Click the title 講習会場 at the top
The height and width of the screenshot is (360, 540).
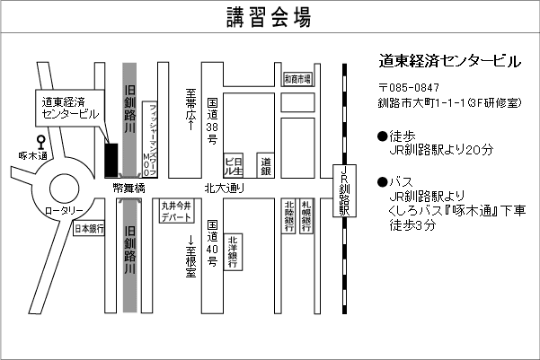click(x=270, y=17)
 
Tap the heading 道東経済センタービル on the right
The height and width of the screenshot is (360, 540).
click(x=449, y=62)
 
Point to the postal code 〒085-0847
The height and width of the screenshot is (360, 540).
click(x=409, y=87)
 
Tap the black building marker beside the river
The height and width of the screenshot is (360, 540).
click(x=111, y=160)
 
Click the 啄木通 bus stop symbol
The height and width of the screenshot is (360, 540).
click(x=40, y=142)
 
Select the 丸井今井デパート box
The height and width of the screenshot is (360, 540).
click(x=176, y=212)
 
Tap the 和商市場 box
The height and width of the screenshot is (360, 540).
click(x=297, y=79)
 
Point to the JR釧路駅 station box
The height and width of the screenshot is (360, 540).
click(x=343, y=189)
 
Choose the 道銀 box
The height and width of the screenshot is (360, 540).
click(x=266, y=164)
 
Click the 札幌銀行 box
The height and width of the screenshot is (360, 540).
click(x=307, y=215)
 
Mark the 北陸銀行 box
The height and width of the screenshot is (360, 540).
click(x=289, y=215)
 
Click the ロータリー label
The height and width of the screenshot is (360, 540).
click(x=64, y=209)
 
